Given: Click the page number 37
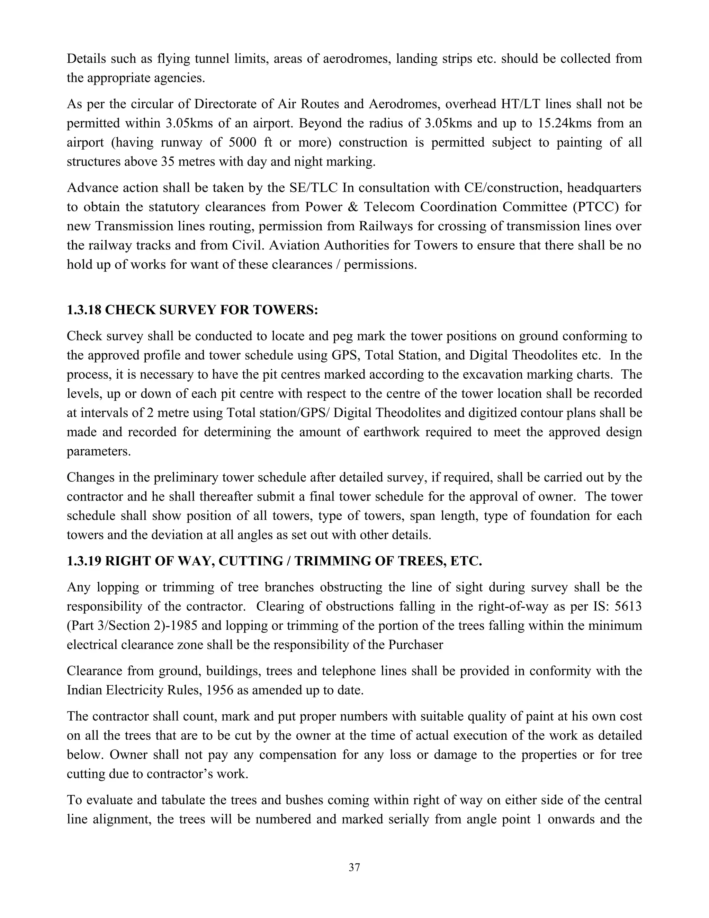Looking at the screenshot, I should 354,867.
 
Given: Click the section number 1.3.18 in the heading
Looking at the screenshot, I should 83,310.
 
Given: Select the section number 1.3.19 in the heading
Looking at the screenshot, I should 83,561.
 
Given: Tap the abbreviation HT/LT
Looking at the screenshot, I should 521,104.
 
